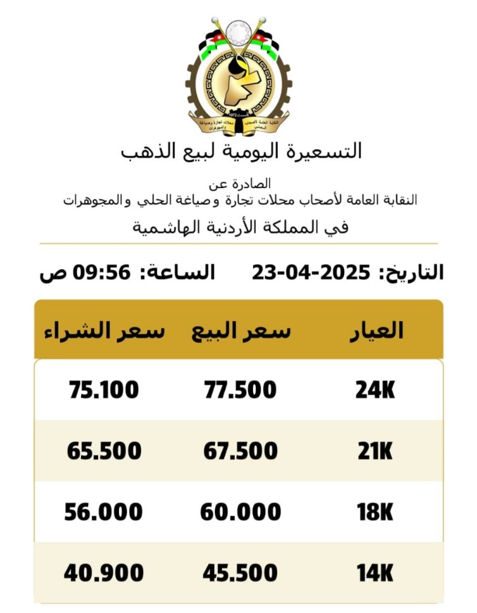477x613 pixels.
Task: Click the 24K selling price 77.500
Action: [x=240, y=389]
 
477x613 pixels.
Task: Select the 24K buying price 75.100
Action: [x=103, y=389]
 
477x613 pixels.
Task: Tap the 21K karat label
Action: [x=375, y=452]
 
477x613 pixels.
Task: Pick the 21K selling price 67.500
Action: [x=240, y=452]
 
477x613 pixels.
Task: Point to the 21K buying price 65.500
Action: [x=104, y=452]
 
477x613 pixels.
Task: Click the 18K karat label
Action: [x=375, y=512]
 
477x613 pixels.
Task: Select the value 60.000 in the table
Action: [x=240, y=512]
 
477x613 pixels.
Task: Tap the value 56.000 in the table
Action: [x=104, y=512]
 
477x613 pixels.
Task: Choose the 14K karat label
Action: [x=375, y=574]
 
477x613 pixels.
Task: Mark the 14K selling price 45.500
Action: [x=240, y=574]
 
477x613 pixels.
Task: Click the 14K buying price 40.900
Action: [x=104, y=574]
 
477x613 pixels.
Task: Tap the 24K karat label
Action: [x=375, y=389]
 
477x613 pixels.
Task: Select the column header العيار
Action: [x=376, y=331]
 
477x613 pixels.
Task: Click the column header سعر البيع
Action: [x=241, y=331]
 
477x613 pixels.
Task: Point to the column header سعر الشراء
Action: [x=104, y=331]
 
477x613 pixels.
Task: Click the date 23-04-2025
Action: [x=311, y=273]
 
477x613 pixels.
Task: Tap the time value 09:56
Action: [x=102, y=273]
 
